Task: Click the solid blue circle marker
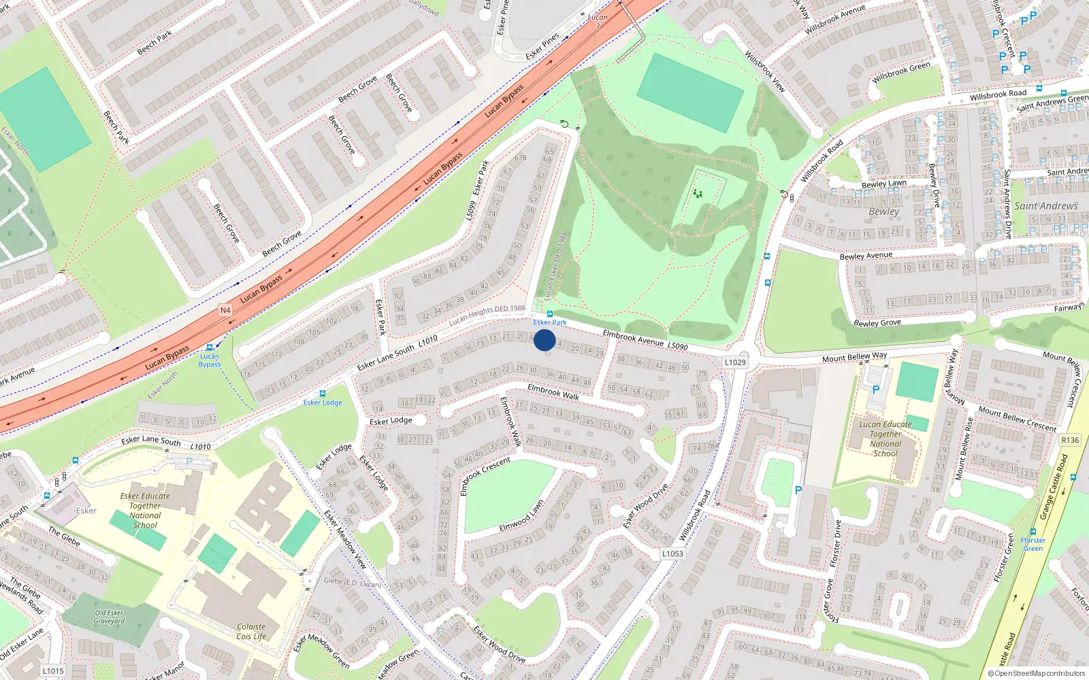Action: coord(544,340)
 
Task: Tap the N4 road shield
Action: coord(225,310)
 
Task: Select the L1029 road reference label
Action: coord(735,362)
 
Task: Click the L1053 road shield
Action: coord(672,554)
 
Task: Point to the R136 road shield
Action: coord(1070,440)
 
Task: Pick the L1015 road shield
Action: coord(53,670)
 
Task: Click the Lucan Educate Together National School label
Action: coord(885,439)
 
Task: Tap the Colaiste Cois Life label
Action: coord(251,632)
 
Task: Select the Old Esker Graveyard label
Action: coord(109,617)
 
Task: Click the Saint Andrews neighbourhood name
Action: coord(1046,206)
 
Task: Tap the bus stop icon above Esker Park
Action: coord(550,314)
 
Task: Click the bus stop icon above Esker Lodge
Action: coord(323,394)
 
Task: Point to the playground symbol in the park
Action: coord(697,194)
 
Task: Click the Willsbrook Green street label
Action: coord(900,72)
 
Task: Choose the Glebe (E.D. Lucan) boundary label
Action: coord(352,582)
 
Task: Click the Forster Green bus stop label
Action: coord(1033,544)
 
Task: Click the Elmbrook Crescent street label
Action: coord(485,475)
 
